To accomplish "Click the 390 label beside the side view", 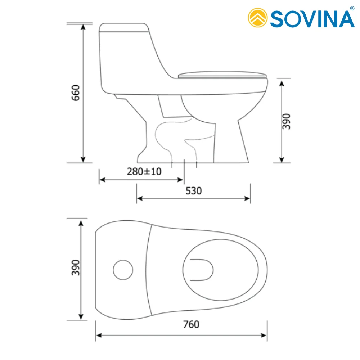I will (x=287, y=121).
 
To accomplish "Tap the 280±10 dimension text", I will (x=144, y=171).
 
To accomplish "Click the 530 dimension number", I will (x=194, y=191).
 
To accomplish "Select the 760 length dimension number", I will (x=191, y=324).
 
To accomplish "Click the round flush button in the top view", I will (x=123, y=270).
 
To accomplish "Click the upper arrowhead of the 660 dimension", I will (x=84, y=27).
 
